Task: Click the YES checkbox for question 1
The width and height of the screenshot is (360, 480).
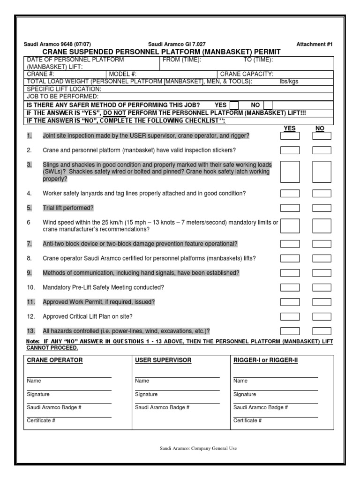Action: [290, 136]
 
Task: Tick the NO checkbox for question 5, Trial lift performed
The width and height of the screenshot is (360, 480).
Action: [322, 208]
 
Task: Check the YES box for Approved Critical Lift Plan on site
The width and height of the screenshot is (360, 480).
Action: [290, 316]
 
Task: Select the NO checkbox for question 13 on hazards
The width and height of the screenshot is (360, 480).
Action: [322, 331]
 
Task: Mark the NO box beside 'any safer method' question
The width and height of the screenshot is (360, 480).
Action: [268, 105]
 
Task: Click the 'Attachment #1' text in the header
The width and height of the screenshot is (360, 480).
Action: [315, 44]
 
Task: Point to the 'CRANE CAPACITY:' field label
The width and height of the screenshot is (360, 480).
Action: [247, 74]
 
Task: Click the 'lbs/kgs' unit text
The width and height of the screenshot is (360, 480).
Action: [289, 81]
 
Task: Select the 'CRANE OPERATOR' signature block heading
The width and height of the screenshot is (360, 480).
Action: [55, 360]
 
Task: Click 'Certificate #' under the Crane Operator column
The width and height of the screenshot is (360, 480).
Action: [41, 420]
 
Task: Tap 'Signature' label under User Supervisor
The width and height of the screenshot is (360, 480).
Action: [146, 394]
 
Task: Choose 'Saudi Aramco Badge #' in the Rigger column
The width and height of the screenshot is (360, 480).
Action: [261, 407]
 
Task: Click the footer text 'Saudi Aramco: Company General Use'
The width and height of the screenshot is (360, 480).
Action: [198, 449]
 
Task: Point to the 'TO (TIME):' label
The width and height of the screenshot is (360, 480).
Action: [258, 60]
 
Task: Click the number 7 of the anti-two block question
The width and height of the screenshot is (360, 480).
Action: [29, 244]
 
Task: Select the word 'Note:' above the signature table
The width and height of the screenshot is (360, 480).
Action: [33, 342]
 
